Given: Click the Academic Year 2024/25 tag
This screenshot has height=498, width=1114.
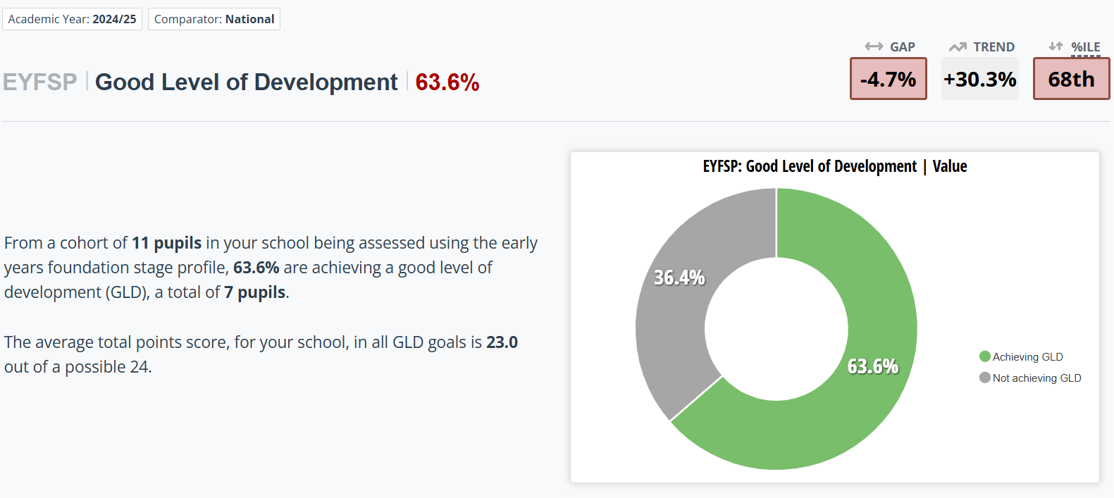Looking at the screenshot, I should click(x=72, y=19).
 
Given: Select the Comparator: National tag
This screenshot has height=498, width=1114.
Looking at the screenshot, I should click(x=214, y=19).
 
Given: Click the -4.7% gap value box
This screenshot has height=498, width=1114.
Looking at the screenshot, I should click(x=888, y=79).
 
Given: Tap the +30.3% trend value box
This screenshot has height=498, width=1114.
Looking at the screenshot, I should click(x=979, y=79).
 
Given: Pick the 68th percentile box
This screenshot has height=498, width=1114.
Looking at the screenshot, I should click(x=1071, y=79).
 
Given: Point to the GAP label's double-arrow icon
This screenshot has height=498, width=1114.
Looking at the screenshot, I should click(x=874, y=46).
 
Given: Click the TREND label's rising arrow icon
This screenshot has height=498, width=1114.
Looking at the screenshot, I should click(x=958, y=47).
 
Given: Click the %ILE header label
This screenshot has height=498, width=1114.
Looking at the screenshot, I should click(x=1085, y=47).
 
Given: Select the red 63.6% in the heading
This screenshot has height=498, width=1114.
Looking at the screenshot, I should click(x=447, y=82).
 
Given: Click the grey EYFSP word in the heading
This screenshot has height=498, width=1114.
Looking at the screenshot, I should click(x=39, y=82).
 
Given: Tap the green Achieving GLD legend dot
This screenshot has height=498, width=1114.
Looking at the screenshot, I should click(x=985, y=356).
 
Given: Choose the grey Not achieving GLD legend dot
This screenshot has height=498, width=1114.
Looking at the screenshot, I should click(x=985, y=378).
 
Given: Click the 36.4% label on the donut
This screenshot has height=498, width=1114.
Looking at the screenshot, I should click(x=679, y=278).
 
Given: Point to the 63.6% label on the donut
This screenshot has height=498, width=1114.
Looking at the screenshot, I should click(x=872, y=366).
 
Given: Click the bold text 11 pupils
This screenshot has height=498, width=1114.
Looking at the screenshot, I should click(x=166, y=243).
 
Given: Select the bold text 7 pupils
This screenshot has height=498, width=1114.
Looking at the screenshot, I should click(x=254, y=292).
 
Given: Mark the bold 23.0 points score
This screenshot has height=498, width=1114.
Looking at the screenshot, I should click(x=502, y=342).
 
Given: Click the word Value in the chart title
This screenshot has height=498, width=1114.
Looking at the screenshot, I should click(x=949, y=166).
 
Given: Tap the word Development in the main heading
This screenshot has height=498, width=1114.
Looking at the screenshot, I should click(x=326, y=82).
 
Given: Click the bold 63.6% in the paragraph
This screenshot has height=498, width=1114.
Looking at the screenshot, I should click(x=256, y=268).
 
